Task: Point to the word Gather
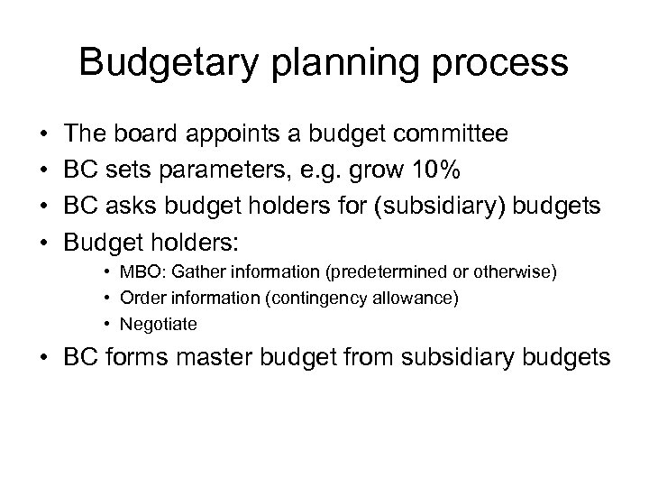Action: pyautogui.click(x=222, y=272)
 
